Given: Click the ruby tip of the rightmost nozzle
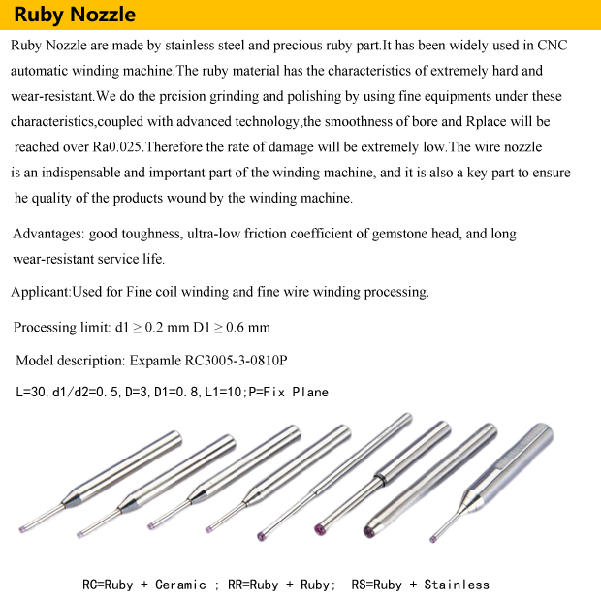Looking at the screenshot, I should pos(432,535).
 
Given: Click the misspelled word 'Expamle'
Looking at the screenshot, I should pos(154,361).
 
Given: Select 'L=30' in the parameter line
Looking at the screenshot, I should pos(33,393).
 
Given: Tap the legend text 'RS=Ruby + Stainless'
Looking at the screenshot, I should pos(420,585).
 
